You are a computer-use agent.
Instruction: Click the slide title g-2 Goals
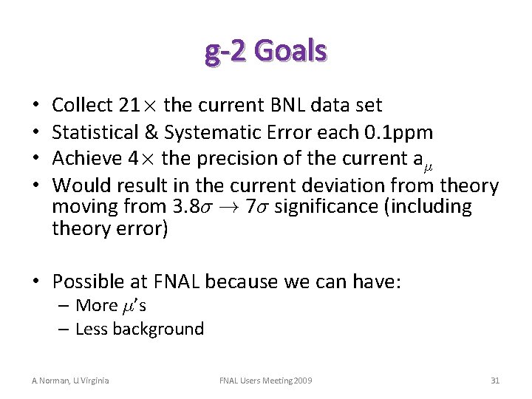pyautogui.click(x=266, y=51)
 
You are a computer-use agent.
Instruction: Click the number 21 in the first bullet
pyautogui.click(x=129, y=106)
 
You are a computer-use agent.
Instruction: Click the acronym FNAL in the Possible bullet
pyautogui.click(x=180, y=282)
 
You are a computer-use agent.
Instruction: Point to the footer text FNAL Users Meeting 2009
pyautogui.click(x=266, y=381)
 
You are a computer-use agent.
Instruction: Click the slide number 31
pyautogui.click(x=495, y=381)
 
